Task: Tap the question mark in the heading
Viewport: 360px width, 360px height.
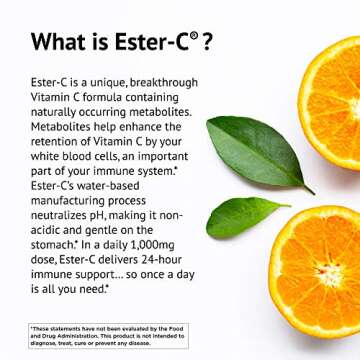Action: tap(206, 42)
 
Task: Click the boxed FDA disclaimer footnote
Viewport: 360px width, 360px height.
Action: tap(108, 333)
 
